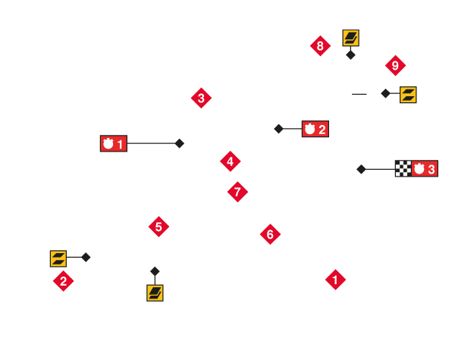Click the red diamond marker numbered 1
335,280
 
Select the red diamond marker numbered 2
63,281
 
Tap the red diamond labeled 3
201,98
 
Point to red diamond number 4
231,161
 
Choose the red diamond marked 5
158,227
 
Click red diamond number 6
270,234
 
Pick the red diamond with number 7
237,192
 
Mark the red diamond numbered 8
320,45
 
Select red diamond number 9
395,65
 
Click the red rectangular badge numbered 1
114,143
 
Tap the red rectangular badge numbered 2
315,129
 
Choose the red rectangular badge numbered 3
425,168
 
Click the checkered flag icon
403,168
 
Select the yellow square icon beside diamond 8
350,37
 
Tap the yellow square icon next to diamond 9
408,95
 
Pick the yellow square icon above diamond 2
58,258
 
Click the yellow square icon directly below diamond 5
155,293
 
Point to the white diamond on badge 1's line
180,143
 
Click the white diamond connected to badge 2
278,129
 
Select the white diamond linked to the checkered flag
361,169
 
